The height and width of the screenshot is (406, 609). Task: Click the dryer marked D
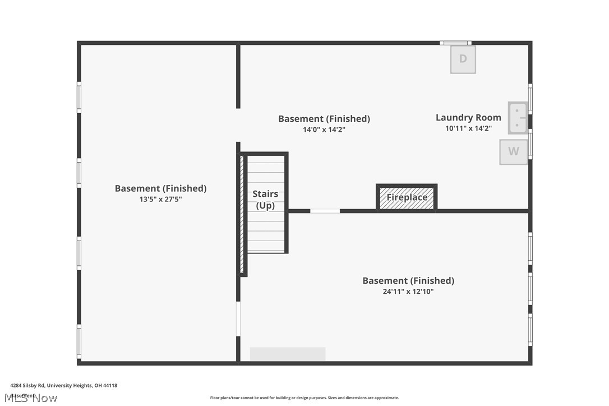(463, 59)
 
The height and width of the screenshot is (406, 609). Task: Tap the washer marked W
(513, 151)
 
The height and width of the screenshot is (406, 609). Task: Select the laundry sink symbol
(518, 118)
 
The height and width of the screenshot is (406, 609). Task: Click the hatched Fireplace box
(407, 198)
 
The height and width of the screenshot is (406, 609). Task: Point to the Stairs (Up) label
(265, 200)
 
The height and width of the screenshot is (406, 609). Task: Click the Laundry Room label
(468, 118)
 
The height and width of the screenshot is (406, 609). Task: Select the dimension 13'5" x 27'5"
(160, 199)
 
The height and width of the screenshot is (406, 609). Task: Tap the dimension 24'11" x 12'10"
(408, 291)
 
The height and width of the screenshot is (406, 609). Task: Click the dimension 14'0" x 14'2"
(324, 130)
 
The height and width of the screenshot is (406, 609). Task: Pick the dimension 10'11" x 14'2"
(468, 128)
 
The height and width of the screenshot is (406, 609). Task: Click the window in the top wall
(455, 43)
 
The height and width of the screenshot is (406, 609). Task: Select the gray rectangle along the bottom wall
(287, 354)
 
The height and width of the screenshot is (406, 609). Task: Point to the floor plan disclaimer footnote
(304, 398)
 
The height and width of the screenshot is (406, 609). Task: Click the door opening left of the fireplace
(325, 211)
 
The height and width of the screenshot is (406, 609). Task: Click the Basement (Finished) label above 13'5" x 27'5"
(160, 188)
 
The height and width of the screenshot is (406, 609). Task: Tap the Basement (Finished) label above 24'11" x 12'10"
(408, 280)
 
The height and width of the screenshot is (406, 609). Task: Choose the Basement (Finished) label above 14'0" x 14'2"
(324, 119)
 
